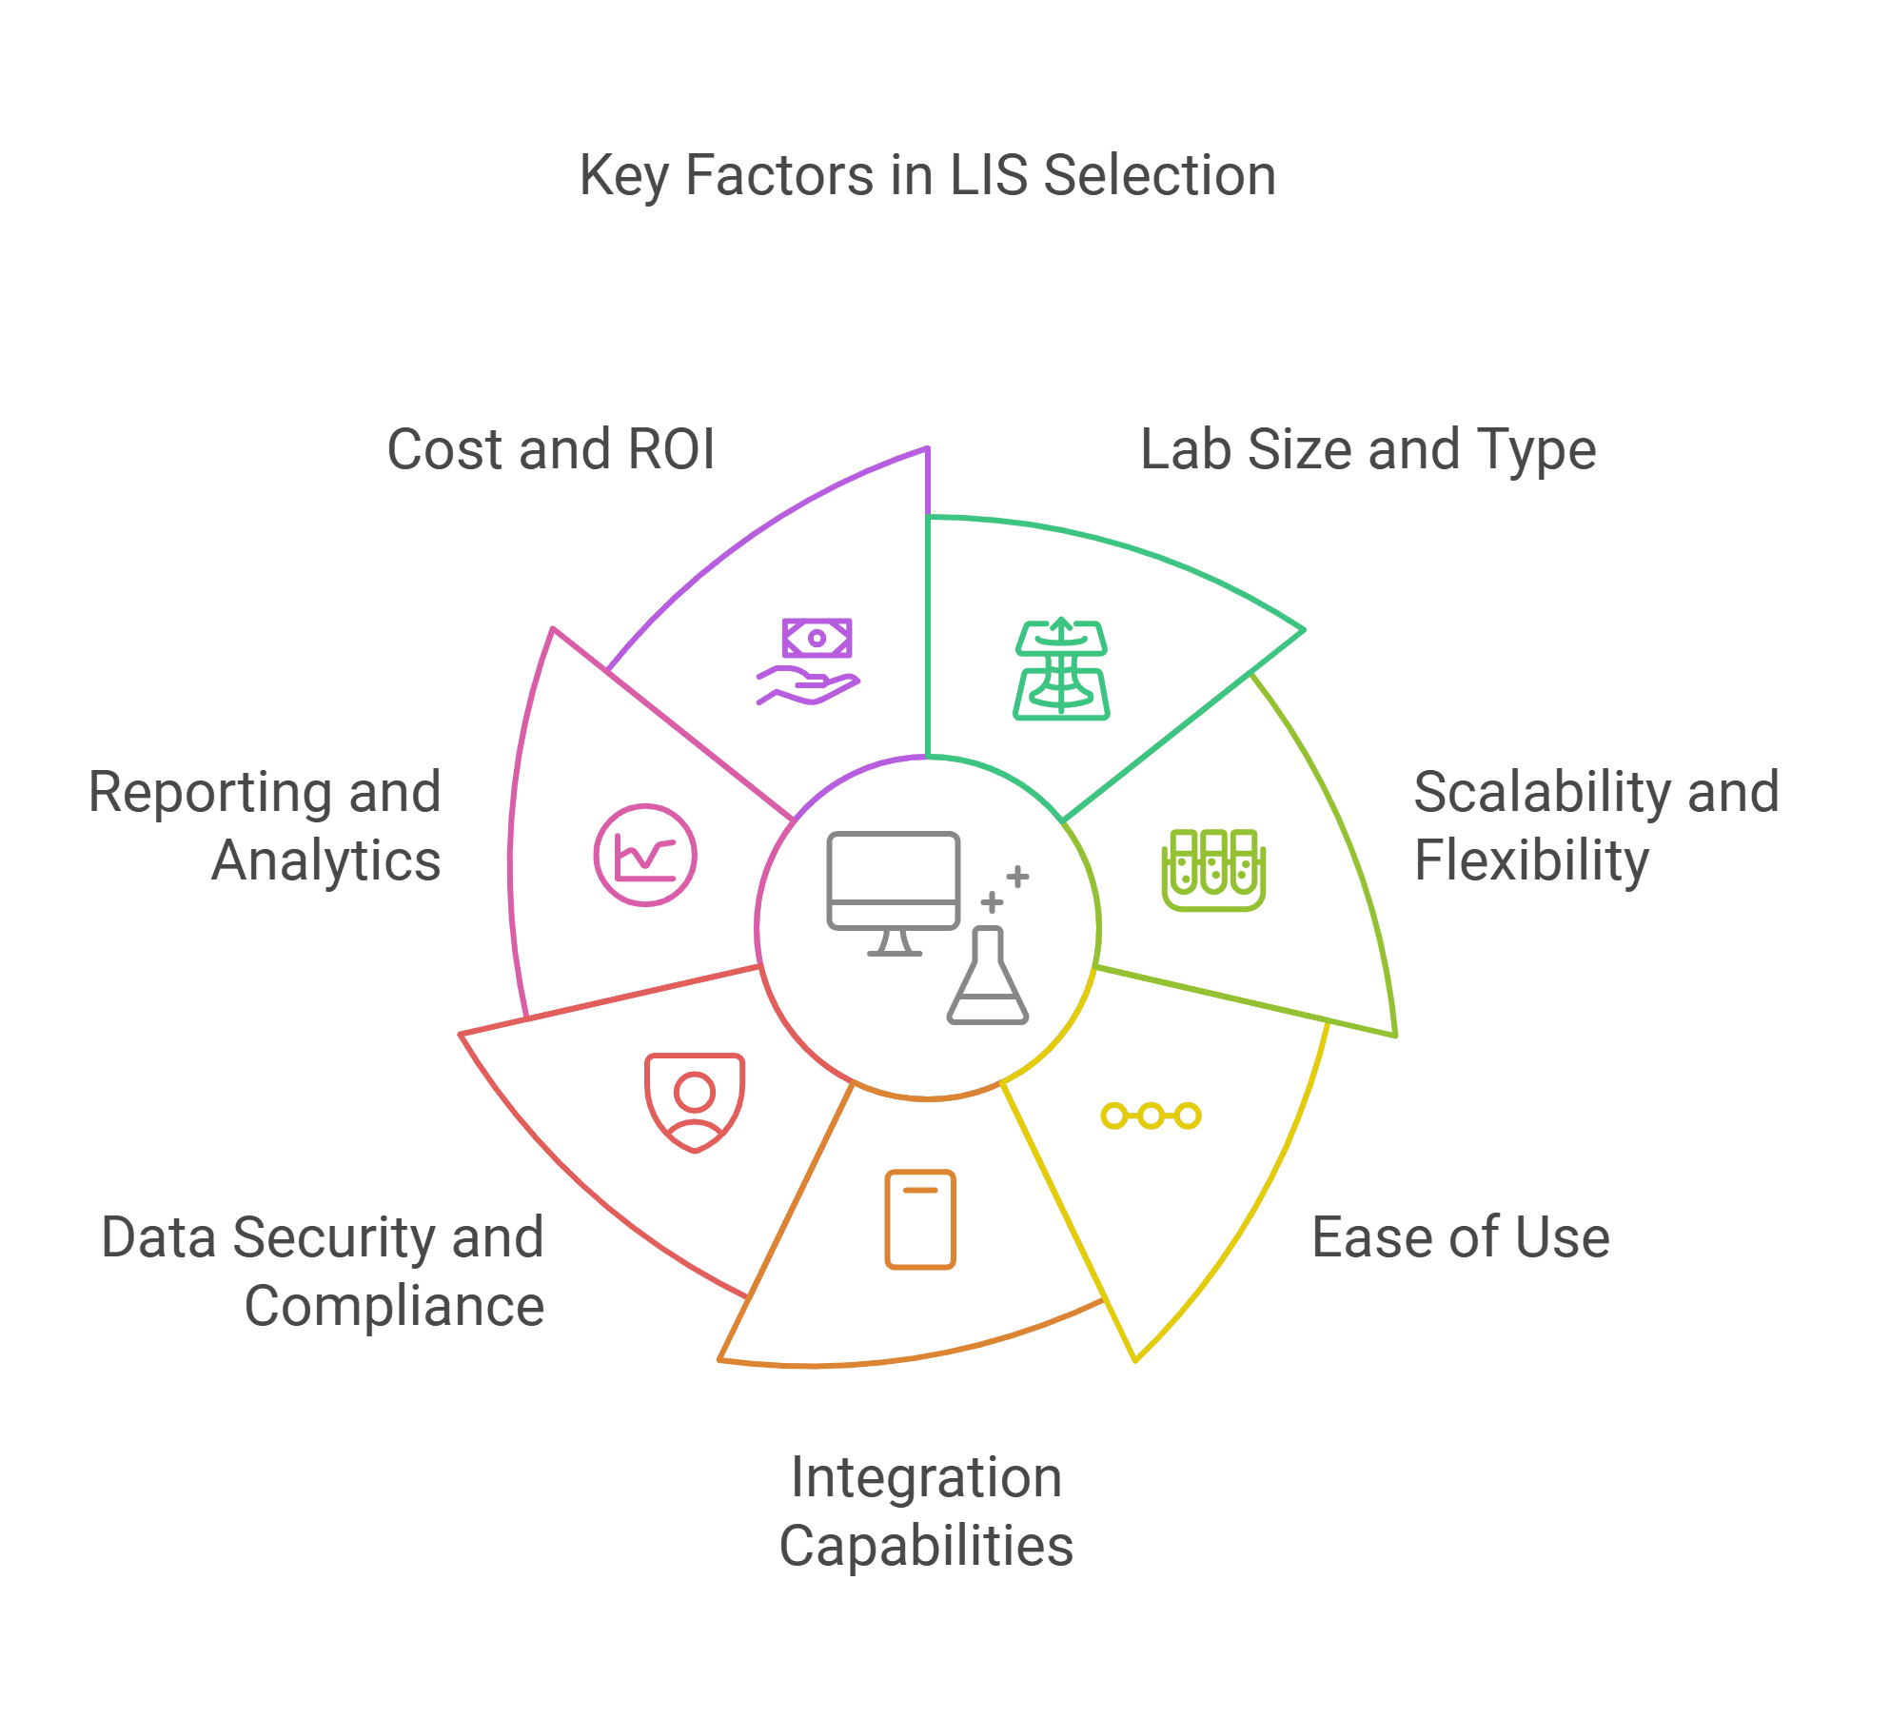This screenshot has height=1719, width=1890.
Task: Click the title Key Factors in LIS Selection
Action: pos(927,176)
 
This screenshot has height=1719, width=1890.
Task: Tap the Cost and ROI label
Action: pos(550,449)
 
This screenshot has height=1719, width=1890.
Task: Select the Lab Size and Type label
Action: pos(1368,449)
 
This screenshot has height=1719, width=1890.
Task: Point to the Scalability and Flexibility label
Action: pos(1596,826)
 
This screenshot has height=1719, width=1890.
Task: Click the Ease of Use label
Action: pos(1460,1237)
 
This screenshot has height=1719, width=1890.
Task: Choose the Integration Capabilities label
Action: pos(926,1512)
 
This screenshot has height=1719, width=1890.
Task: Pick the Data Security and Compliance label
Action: pos(324,1272)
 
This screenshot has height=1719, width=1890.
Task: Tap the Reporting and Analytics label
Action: pos(265,826)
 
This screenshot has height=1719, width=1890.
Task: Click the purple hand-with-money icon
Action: pos(809,662)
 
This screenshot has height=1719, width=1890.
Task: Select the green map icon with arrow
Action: pos(1061,670)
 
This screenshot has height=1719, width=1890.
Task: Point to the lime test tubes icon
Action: pos(1213,869)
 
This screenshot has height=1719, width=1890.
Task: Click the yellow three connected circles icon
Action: pos(1151,1116)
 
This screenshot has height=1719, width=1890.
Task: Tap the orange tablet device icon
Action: pos(920,1219)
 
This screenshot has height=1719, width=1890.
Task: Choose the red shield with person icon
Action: pos(695,1101)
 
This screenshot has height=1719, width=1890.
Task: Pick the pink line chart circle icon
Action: pos(645,855)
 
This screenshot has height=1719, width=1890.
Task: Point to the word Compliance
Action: pos(395,1306)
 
